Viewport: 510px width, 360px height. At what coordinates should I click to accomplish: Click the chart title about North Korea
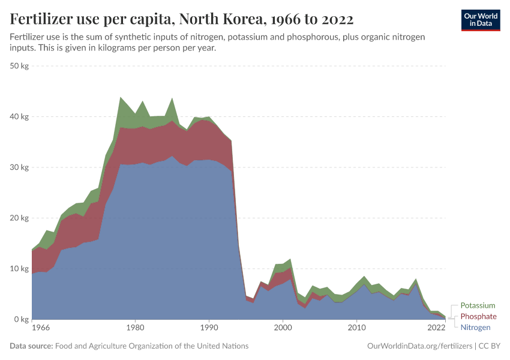pos(182,20)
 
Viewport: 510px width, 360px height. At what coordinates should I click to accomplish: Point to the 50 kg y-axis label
pos(20,66)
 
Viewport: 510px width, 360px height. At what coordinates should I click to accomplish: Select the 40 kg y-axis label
pos(20,117)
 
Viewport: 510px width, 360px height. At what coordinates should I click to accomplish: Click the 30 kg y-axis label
pos(20,167)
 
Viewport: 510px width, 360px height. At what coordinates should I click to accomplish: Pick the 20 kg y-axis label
pos(20,218)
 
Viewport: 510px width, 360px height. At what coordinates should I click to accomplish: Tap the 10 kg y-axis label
pos(20,269)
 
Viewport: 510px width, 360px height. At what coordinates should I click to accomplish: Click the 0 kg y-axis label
pos(22,320)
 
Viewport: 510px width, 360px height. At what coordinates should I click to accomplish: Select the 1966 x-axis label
pos(41,328)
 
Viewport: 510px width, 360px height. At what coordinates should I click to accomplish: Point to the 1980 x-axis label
pos(135,328)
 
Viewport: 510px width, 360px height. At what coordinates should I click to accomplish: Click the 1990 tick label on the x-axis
pos(209,328)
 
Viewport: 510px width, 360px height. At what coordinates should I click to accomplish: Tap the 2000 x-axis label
pos(283,328)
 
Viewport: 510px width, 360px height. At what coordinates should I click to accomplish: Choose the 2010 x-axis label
pos(356,328)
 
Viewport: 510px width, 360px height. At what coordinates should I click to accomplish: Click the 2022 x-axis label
pos(436,328)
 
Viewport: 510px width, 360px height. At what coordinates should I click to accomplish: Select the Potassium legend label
pos(478,305)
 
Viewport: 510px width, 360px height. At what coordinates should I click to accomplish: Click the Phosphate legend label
pos(478,316)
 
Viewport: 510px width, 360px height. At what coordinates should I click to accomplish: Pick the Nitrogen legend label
pos(476,327)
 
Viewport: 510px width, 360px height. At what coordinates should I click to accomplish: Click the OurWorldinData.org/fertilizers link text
pos(419,346)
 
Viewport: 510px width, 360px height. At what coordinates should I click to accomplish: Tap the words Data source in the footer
pos(31,346)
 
